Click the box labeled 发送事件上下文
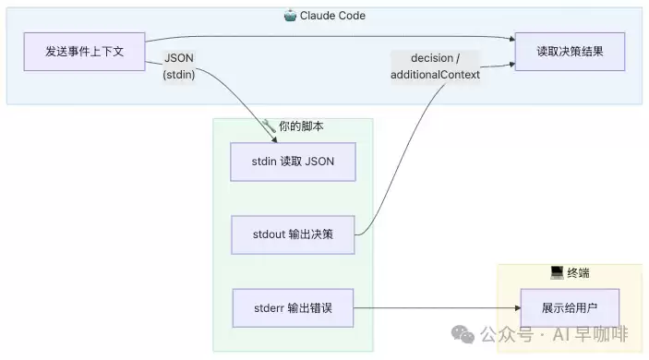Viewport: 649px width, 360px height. tap(84, 52)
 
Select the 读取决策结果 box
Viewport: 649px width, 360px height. tap(570, 52)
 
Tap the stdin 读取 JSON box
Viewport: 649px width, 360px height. tap(293, 162)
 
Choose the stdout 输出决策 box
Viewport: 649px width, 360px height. tap(293, 234)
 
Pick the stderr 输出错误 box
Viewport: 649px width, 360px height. tap(293, 308)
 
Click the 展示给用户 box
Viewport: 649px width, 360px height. tap(570, 308)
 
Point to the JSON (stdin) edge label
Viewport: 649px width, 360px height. tap(179, 66)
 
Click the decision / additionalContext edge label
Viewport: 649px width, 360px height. tap(435, 66)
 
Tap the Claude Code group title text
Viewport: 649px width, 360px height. tap(332, 16)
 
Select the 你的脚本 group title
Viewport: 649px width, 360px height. tap(301, 126)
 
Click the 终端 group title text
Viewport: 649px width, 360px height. tap(578, 273)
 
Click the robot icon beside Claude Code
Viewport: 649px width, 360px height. tap(290, 16)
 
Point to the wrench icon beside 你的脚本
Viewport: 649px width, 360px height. tap(269, 126)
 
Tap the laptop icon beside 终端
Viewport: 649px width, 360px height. tap(557, 272)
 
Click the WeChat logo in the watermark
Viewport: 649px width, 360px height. tap(463, 334)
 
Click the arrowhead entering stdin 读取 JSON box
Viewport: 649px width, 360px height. tap(274, 140)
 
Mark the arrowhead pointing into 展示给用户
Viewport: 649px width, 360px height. tap(518, 308)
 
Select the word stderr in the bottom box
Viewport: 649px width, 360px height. tap(269, 308)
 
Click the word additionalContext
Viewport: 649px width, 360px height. tap(435, 75)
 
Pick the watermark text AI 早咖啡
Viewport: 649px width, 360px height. tap(591, 334)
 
